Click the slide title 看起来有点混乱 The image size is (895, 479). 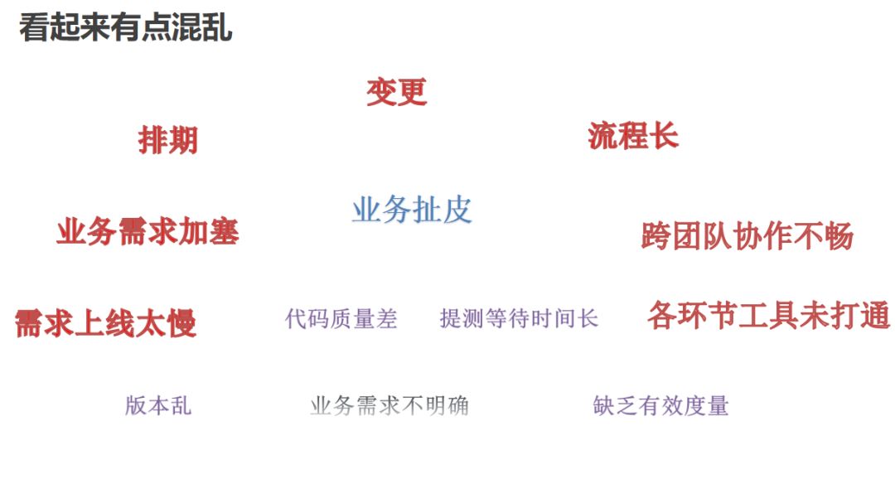(x=126, y=27)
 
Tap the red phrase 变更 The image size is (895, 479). (x=396, y=91)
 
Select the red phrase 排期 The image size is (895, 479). (x=168, y=140)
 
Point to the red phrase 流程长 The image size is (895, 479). (x=633, y=136)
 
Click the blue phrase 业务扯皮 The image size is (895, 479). (x=412, y=210)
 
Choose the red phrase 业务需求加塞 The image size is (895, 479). (x=148, y=231)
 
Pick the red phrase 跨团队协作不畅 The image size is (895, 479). (x=747, y=236)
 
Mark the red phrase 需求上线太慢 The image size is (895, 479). (x=106, y=322)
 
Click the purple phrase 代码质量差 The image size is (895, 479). (x=341, y=318)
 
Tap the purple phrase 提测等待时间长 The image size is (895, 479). (x=519, y=318)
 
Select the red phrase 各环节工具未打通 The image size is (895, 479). (x=768, y=316)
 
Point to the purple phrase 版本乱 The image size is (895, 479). (x=158, y=405)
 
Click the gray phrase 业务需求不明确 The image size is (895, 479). (x=389, y=405)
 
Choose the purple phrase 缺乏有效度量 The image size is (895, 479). (x=661, y=405)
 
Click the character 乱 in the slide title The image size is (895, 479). (x=217, y=27)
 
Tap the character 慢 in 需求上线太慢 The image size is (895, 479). (x=181, y=322)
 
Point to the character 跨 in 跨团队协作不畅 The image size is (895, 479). (x=656, y=236)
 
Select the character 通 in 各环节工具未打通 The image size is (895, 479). (x=874, y=316)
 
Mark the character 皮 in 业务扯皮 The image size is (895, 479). (x=457, y=210)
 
